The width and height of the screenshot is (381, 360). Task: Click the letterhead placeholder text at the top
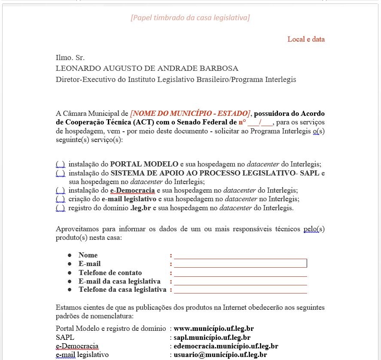[x=190, y=18]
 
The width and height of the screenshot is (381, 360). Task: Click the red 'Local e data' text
[x=306, y=39]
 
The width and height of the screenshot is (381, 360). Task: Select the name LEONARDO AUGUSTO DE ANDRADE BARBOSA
[x=147, y=68]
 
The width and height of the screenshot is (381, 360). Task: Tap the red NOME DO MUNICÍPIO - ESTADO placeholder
[x=190, y=114]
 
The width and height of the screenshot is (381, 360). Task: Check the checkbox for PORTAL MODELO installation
[x=60, y=164]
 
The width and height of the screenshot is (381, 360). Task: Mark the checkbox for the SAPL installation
[x=60, y=173]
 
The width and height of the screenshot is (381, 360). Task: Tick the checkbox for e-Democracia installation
[x=60, y=191]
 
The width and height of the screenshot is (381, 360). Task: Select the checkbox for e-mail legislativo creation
[x=60, y=199]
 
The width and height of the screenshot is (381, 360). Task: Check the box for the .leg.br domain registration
[x=60, y=208]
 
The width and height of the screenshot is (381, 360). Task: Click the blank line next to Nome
[x=240, y=256]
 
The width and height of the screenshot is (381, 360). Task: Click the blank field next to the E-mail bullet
[x=240, y=263]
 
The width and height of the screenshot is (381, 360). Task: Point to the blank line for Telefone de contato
[x=240, y=273]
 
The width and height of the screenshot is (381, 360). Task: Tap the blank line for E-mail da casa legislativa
[x=240, y=282]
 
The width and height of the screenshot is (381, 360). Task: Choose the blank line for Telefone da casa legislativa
[x=240, y=290]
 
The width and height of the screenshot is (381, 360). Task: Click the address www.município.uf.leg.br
[x=213, y=329]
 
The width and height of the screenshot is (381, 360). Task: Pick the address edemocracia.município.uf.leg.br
[x=226, y=346]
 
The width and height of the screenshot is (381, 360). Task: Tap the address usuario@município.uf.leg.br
[x=220, y=355]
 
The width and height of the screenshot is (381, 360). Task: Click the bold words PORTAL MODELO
[x=144, y=164]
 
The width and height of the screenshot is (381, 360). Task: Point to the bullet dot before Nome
[x=70, y=255]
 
